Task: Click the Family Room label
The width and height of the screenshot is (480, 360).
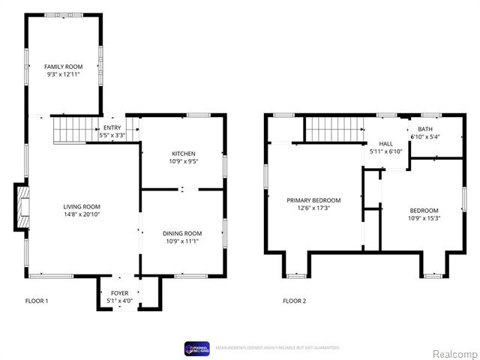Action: [63, 67]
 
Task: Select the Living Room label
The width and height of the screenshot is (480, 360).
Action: [81, 206]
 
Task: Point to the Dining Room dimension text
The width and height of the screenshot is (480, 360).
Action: [182, 241]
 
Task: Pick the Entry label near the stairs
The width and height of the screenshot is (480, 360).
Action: [112, 127]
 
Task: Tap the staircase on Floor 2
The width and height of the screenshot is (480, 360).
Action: [333, 129]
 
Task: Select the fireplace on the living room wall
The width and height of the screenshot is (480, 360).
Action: [22, 207]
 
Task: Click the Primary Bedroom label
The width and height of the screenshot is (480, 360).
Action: [313, 200]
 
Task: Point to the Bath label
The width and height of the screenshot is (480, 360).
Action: [424, 129]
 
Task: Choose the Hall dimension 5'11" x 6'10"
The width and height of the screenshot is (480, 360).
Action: [385, 151]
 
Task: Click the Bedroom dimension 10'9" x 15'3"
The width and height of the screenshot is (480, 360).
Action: [424, 219]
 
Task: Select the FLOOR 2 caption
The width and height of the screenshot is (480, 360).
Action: [294, 301]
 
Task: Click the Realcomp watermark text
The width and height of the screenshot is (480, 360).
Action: [455, 353]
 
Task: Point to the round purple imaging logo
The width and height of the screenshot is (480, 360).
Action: [191, 347]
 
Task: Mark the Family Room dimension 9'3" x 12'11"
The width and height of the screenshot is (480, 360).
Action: [63, 75]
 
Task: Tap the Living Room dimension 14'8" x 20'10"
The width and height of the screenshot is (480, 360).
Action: [81, 214]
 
